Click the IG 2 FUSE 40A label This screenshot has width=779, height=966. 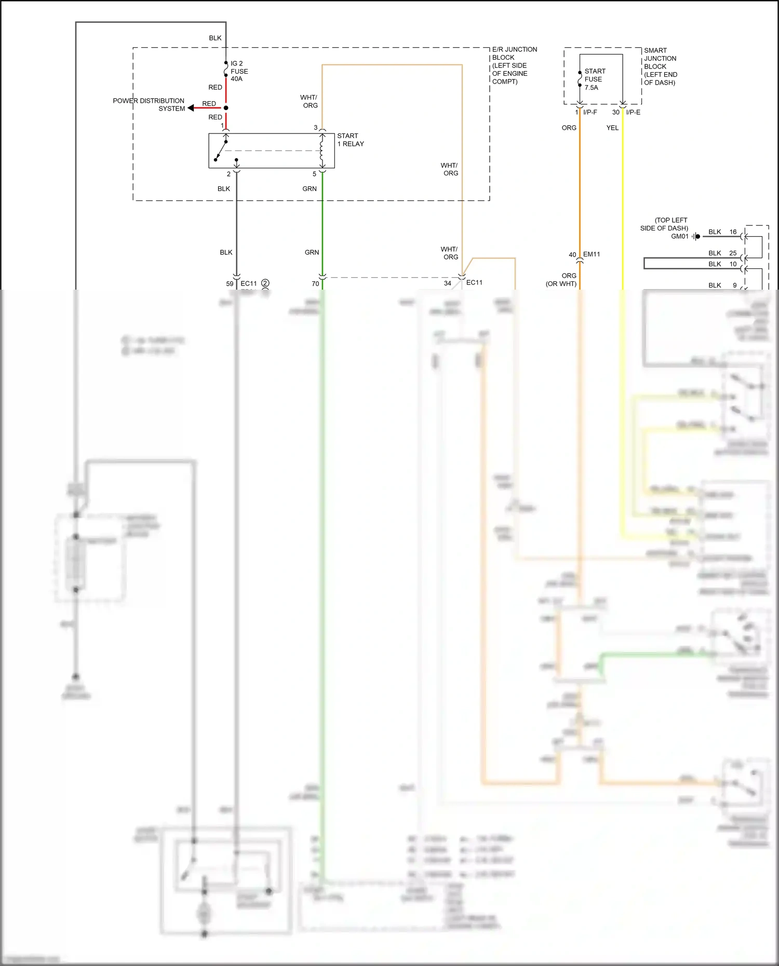[x=239, y=71]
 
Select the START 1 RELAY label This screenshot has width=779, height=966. [x=351, y=140]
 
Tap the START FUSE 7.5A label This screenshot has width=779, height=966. [x=594, y=79]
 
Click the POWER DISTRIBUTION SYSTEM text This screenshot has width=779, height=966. [x=149, y=104]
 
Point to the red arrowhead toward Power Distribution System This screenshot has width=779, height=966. [x=191, y=108]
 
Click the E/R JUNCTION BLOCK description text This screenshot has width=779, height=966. [x=514, y=65]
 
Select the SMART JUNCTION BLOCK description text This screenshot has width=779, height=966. [x=660, y=66]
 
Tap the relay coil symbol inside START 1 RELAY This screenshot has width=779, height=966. [x=322, y=151]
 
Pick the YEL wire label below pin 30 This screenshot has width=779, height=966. [x=612, y=128]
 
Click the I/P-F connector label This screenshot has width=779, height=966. [x=590, y=112]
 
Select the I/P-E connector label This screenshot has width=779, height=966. [x=633, y=112]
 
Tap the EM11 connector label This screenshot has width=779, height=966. [x=592, y=254]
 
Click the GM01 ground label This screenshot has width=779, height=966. [x=679, y=236]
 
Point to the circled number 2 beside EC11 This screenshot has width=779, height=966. [x=265, y=283]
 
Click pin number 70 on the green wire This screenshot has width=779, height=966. [x=315, y=283]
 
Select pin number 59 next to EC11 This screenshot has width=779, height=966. [x=230, y=283]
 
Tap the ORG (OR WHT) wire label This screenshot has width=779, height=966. [x=561, y=280]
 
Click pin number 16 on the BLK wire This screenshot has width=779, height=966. [x=733, y=232]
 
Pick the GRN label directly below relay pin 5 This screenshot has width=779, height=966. [x=310, y=189]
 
